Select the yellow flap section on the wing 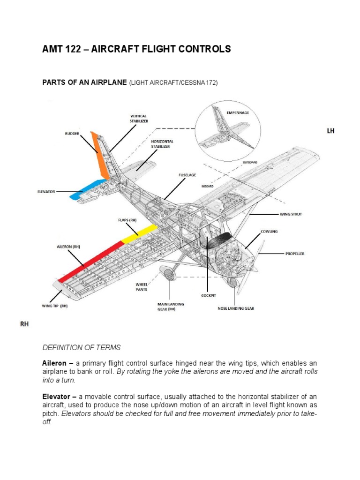coord(139,233)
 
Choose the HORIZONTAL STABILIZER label coord(162,143)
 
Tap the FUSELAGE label coord(187,175)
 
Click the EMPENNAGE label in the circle coord(238,113)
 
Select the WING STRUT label coord(291,214)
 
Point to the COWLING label coord(270,232)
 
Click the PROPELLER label coord(295,254)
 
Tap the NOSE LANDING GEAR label coord(236,309)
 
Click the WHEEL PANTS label coord(142,286)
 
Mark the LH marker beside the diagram coord(330,131)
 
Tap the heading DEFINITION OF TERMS coord(82,347)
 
